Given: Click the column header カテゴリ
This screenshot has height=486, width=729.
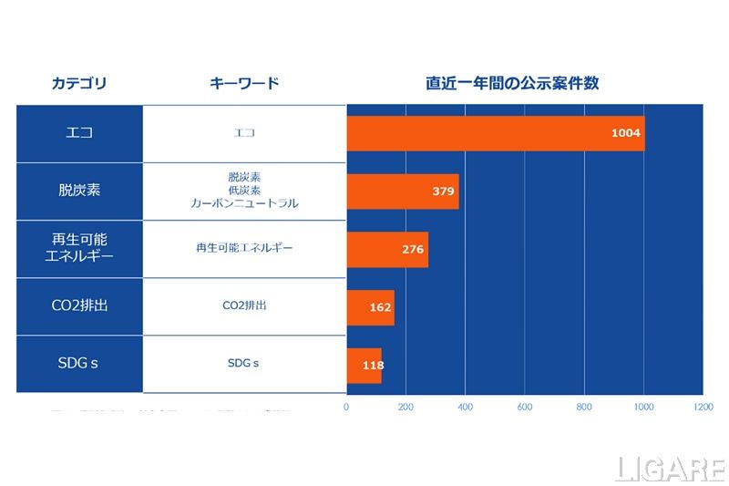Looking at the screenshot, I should point(79,84).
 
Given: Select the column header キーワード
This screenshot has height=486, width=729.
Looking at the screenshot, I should point(244,84).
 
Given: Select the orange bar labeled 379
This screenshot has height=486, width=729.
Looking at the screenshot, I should point(402,191).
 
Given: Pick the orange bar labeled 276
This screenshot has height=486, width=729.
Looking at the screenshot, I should point(386,249).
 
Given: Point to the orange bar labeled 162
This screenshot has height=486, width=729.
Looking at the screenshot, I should point(370,307).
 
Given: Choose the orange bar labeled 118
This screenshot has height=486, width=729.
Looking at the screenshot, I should point(364,365).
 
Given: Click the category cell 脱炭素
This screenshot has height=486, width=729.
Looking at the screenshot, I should point(79,191).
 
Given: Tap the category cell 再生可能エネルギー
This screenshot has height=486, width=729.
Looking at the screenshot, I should point(79,248).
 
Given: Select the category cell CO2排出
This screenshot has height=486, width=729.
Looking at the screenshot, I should point(79,305).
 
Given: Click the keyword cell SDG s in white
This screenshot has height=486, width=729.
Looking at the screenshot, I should point(243,363).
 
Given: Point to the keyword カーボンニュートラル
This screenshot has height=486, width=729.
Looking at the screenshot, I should point(244,204).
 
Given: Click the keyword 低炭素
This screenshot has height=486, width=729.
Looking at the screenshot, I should point(244,191).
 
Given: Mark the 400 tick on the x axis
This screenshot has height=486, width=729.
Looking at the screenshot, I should point(465,407).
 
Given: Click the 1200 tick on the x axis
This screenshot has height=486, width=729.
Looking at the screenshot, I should point(703,407).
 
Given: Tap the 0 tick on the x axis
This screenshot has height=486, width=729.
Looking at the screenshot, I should point(346,407).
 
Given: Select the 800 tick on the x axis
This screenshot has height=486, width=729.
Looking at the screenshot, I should point(584,407).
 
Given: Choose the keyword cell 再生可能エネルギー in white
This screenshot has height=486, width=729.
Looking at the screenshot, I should point(244,248).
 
